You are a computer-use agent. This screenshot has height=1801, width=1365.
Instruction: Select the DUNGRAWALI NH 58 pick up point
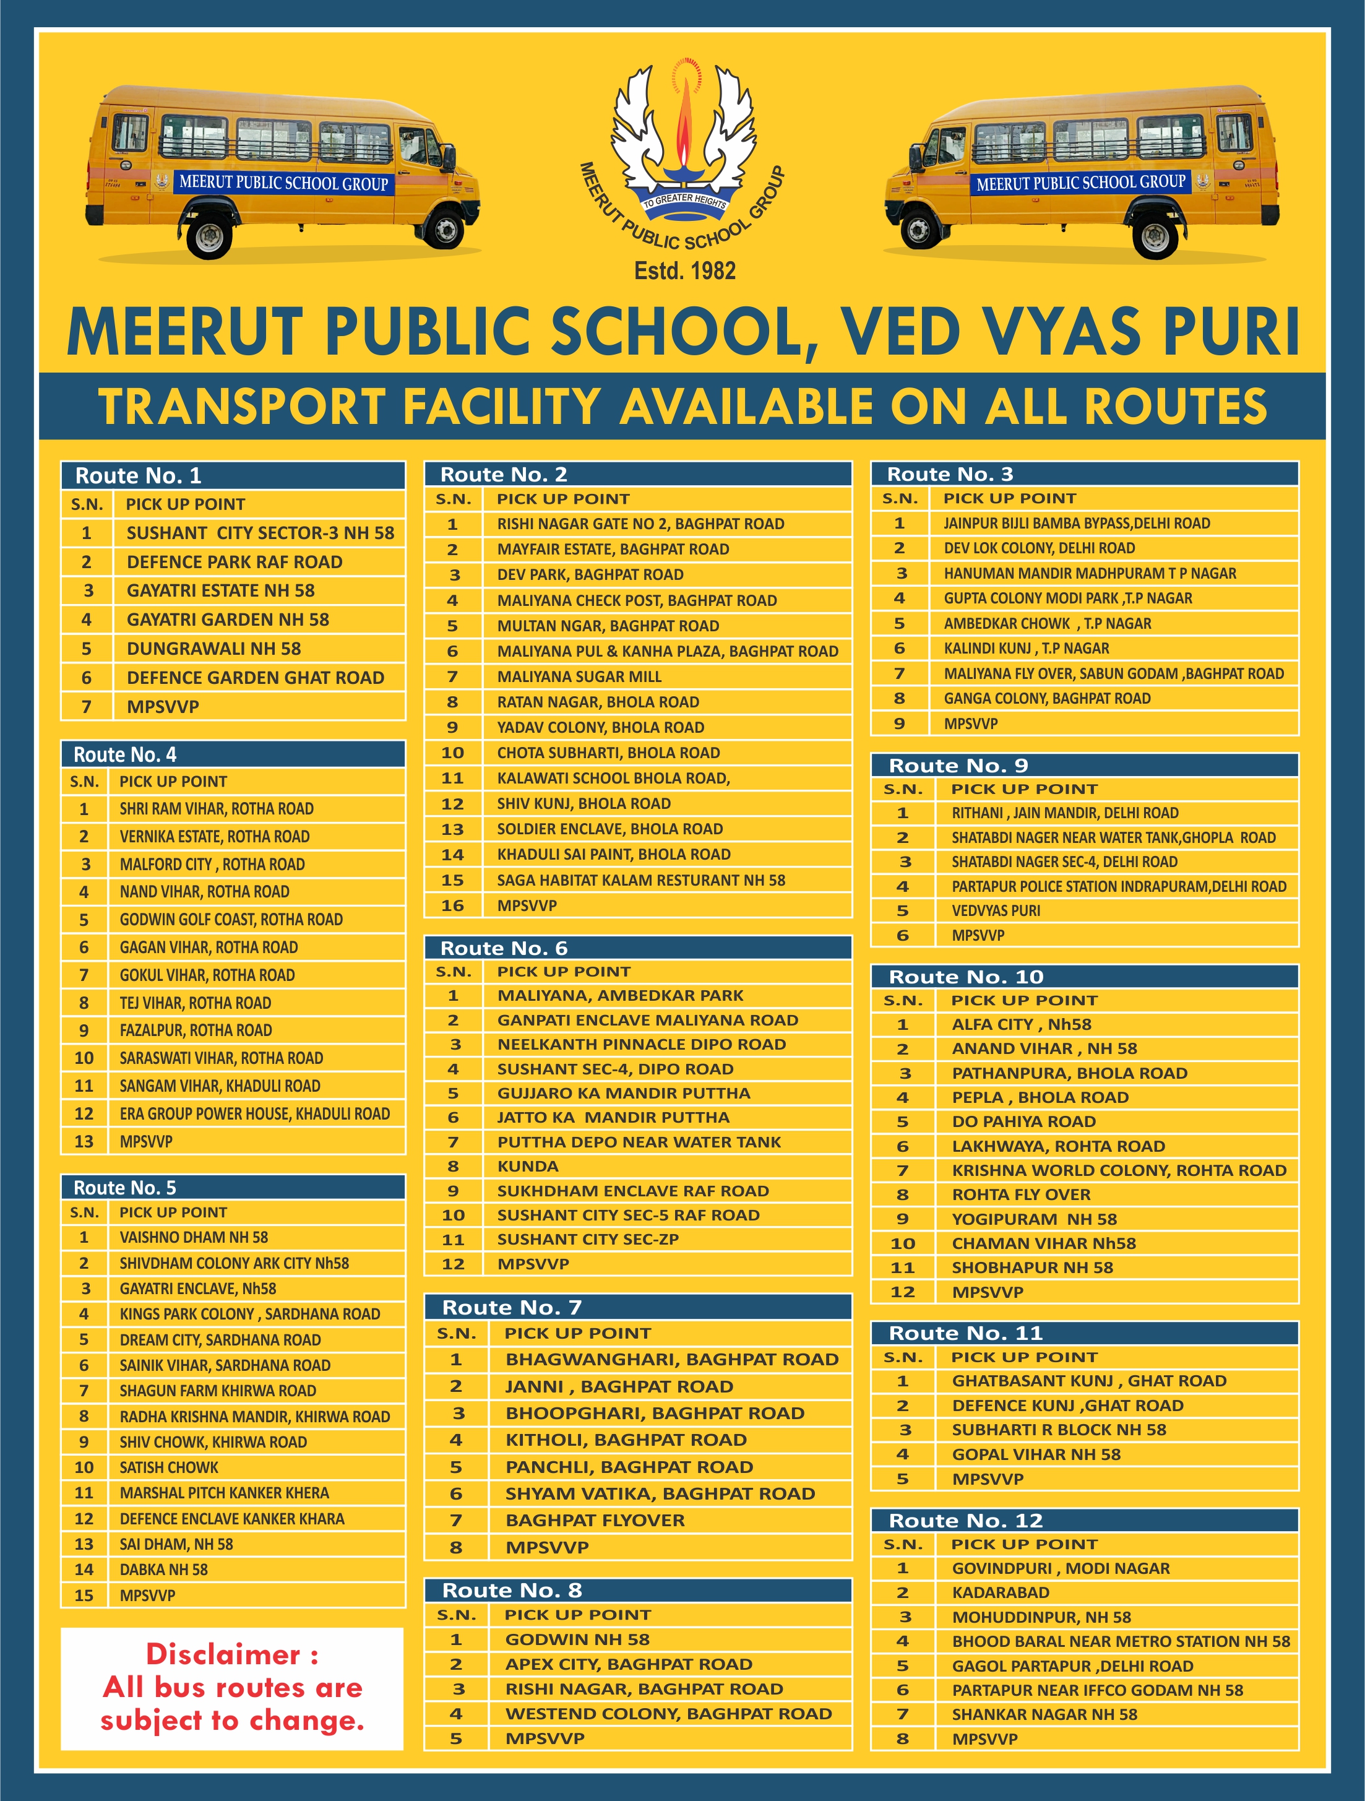pos(213,648)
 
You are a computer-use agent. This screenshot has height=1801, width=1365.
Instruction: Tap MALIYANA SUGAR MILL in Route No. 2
pos(579,676)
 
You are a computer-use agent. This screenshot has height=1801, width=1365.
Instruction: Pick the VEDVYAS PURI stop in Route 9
pos(996,910)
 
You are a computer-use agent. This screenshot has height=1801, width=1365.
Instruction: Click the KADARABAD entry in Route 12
pos(1001,1592)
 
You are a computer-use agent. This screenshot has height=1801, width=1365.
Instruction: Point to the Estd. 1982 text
pos(684,270)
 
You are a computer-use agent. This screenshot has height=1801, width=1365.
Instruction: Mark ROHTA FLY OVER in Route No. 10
pos(1021,1194)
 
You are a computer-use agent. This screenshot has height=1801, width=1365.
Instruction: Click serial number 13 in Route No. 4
pos(84,1141)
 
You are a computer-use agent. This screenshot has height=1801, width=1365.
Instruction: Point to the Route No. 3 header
pos(950,474)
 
